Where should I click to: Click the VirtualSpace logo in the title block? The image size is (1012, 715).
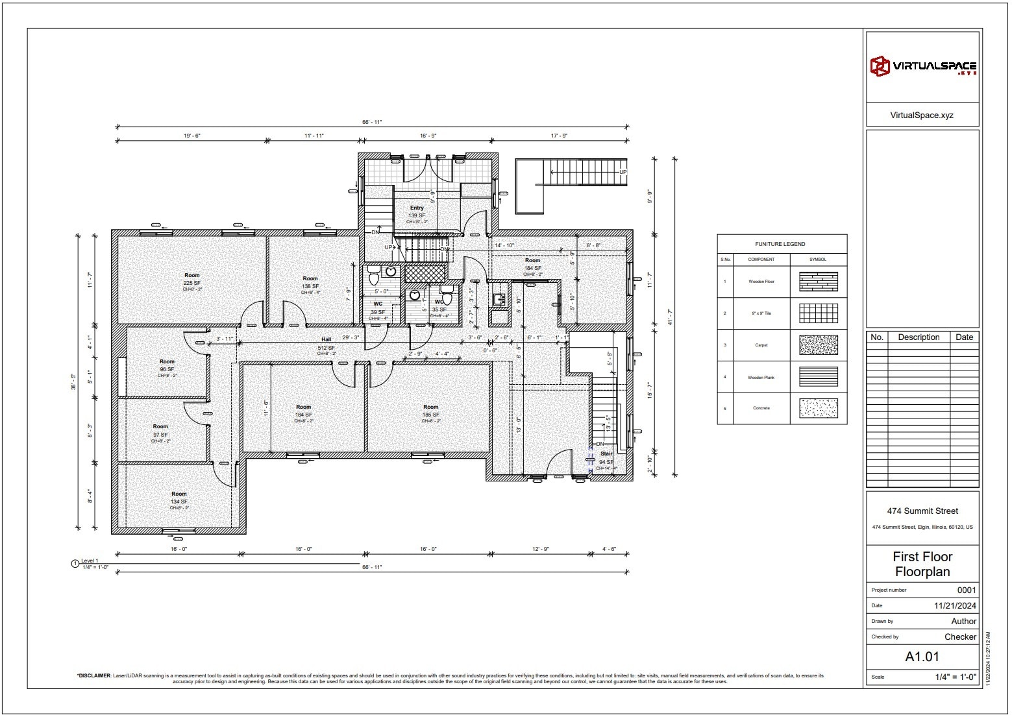tap(922, 66)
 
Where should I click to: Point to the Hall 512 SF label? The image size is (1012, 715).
tap(327, 344)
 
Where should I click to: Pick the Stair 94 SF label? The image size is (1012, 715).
tap(606, 458)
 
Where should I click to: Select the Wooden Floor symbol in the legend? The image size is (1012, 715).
tap(818, 282)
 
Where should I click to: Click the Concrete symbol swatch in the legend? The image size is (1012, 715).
tap(818, 408)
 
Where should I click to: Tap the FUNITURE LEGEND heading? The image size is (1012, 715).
tap(780, 244)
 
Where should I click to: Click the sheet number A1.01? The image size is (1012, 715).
tap(922, 657)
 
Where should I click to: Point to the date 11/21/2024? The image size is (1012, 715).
tap(955, 606)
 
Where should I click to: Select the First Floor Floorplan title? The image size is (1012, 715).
tap(922, 564)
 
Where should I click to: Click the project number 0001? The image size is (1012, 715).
tap(967, 590)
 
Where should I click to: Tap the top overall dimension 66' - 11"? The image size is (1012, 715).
tap(372, 122)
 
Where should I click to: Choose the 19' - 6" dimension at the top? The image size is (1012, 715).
tap(192, 136)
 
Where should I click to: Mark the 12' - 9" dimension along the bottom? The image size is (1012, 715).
tap(541, 549)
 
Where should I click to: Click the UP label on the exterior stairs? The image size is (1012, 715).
tap(623, 172)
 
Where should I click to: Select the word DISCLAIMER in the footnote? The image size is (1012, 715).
tap(94, 675)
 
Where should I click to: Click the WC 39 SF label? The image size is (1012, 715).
tap(378, 308)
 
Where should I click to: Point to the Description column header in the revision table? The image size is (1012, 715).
tap(919, 337)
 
